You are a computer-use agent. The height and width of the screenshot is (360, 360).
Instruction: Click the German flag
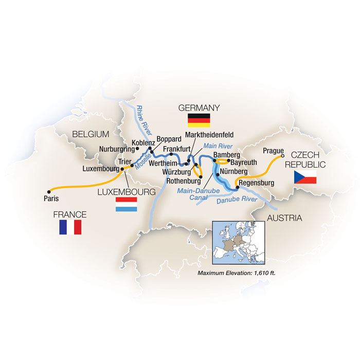point(198,121)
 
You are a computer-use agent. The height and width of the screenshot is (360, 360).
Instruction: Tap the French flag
point(70,227)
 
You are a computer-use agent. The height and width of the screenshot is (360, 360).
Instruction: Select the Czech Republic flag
point(305,178)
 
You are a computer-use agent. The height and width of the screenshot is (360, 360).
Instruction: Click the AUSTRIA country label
point(284,219)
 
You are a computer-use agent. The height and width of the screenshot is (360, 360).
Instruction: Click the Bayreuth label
point(239,161)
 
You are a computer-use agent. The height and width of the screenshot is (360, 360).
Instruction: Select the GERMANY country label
point(199,107)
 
